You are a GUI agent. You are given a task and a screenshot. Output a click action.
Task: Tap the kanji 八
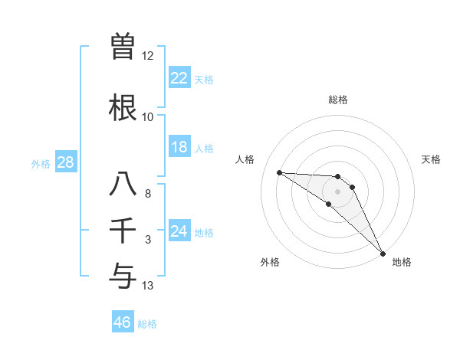[123, 185]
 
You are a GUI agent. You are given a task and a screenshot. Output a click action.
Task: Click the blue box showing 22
[179, 78]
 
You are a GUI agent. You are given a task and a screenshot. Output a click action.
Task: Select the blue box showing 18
[179, 147]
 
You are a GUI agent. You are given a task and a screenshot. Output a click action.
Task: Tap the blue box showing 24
[179, 231]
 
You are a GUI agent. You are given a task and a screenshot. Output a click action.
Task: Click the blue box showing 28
[65, 162]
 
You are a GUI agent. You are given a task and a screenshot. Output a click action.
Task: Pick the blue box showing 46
[122, 322]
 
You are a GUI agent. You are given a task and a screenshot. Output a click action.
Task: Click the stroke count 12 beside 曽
[147, 56]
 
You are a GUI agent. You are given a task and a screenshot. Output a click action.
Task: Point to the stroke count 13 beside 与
[148, 286]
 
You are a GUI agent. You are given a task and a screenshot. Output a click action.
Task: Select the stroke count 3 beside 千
[148, 240]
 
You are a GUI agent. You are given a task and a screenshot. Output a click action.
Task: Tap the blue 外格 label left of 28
[40, 163]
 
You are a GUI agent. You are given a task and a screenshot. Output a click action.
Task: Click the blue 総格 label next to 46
[147, 324]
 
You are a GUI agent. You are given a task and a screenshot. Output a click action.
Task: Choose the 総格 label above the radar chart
[337, 100]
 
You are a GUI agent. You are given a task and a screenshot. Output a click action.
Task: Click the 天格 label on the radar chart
[431, 159]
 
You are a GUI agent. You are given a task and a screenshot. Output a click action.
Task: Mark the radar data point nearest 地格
[382, 253]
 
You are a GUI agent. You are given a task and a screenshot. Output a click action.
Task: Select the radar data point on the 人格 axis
[279, 172]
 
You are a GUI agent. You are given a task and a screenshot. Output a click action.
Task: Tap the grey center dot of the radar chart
[337, 191]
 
